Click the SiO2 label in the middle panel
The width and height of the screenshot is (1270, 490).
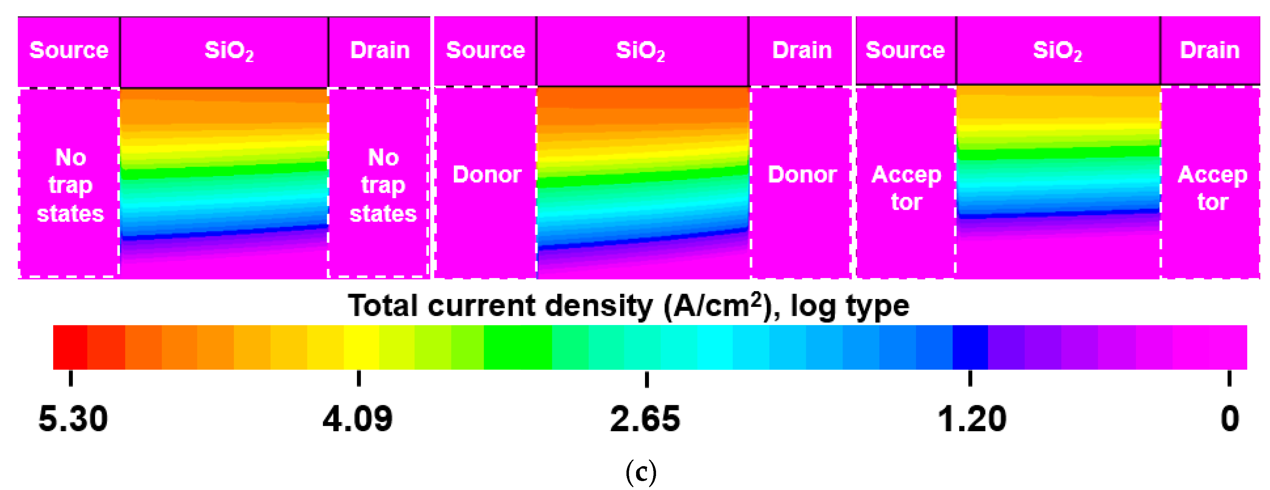click(640, 51)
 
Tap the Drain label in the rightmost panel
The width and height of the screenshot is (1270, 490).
click(1209, 50)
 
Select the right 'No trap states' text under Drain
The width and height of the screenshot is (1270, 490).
click(383, 185)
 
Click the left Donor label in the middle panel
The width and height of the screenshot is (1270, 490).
click(487, 175)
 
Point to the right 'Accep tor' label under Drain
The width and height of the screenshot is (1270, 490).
click(1212, 188)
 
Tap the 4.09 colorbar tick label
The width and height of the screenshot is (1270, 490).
click(358, 419)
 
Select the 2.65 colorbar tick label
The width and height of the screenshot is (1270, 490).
click(645, 419)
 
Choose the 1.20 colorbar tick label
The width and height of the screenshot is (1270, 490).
click(971, 419)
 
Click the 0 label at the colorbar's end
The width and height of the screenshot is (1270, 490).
click(1230, 419)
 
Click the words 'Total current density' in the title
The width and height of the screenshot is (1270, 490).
click(501, 306)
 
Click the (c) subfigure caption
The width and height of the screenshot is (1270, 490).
click(640, 472)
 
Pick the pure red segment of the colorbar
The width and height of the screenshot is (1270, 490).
click(70, 347)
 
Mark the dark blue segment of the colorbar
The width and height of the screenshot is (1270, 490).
click(970, 347)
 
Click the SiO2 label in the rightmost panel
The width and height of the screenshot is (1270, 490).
click(1057, 51)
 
